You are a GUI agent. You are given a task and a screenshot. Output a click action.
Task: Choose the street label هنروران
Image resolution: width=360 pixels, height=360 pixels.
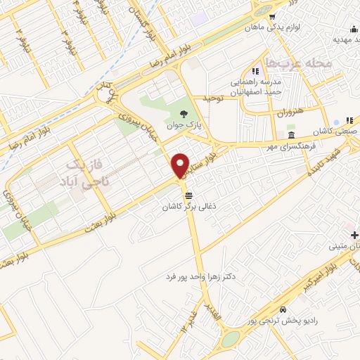[x=288, y=112]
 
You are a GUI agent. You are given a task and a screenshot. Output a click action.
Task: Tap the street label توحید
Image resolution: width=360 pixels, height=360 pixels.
[x=212, y=98]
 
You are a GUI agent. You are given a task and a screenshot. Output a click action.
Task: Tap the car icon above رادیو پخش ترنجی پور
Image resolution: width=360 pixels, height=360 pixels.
[x=283, y=309]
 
